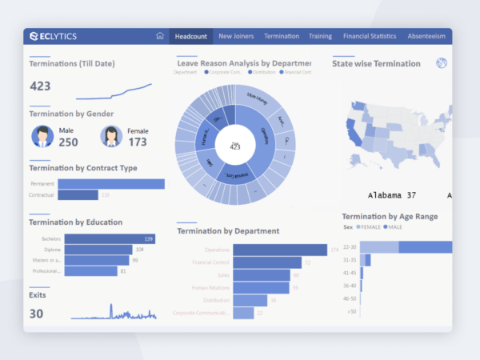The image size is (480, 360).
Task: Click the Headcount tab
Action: pos(191,36)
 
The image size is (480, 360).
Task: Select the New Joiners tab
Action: pos(237,36)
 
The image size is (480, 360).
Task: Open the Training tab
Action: pos(320,36)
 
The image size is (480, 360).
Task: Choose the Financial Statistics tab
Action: pos(370,36)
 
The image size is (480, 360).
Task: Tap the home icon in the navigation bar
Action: pos(160,36)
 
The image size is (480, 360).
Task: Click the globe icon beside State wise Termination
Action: pos(441,63)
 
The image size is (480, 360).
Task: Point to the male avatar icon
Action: pos(42,137)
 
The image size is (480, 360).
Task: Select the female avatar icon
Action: pos(111,137)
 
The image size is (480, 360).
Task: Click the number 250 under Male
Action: pos(68,142)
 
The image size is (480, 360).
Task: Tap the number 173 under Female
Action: pos(138,142)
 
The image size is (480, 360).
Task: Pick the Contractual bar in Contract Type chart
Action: pos(78,195)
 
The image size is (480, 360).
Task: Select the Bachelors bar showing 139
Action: pos(110,238)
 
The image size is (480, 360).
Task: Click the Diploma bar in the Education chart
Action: pos(98,250)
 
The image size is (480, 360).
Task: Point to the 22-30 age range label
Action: pos(349,247)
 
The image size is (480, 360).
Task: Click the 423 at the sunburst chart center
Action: pos(235,147)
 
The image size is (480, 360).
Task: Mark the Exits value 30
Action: pos(36,314)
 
